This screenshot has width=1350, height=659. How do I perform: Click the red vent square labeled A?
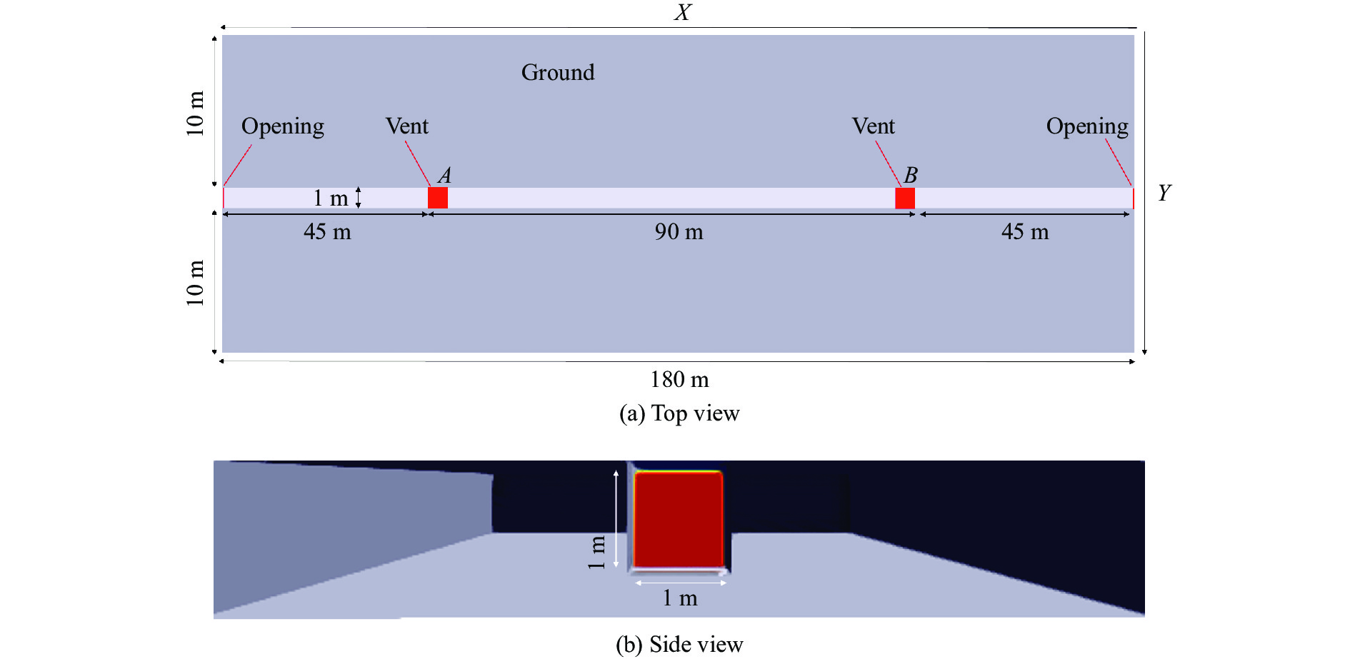[x=438, y=198]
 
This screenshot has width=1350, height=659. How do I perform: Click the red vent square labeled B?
[x=905, y=198]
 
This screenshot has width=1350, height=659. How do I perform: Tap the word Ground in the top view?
[x=558, y=72]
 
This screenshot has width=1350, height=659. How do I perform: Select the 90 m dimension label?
[x=679, y=232]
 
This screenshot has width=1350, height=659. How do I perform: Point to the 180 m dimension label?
[x=679, y=380]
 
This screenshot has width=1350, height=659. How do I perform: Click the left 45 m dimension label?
[x=327, y=232]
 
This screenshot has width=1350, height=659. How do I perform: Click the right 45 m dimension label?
[x=1025, y=232]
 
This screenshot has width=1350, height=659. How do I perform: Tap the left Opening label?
[x=283, y=126]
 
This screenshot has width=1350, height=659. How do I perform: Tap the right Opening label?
[x=1087, y=126]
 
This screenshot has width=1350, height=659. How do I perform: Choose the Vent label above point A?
[x=407, y=126]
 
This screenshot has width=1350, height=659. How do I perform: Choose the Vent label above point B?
[x=873, y=126]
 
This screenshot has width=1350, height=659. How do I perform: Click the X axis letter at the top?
[x=683, y=12]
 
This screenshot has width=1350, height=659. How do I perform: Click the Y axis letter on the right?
[x=1164, y=193]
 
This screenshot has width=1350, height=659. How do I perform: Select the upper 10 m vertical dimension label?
[x=195, y=113]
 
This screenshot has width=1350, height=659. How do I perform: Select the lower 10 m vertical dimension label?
[x=195, y=283]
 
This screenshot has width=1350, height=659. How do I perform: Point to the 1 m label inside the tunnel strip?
[x=331, y=198]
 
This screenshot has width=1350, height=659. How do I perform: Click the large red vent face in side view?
[x=678, y=519]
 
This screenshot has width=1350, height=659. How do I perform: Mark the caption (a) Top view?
[x=679, y=413]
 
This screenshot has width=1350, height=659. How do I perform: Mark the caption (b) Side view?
[x=679, y=645]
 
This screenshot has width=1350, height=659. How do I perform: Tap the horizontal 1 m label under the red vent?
[x=679, y=598]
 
